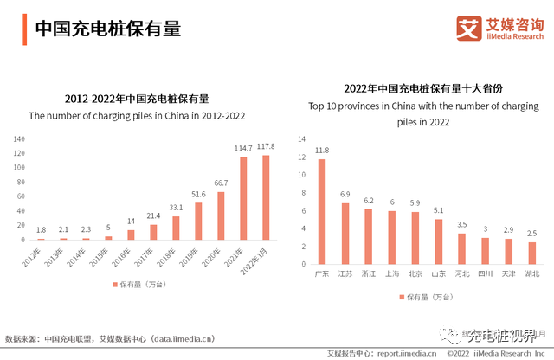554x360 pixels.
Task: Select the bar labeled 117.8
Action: (x=266, y=196)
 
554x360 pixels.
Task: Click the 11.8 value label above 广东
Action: (x=322, y=151)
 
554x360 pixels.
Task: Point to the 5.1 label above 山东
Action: (x=438, y=210)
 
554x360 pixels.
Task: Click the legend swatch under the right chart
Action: (x=403, y=297)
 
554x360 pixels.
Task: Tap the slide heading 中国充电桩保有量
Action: (x=107, y=29)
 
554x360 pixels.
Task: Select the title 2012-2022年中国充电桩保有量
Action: (x=137, y=98)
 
